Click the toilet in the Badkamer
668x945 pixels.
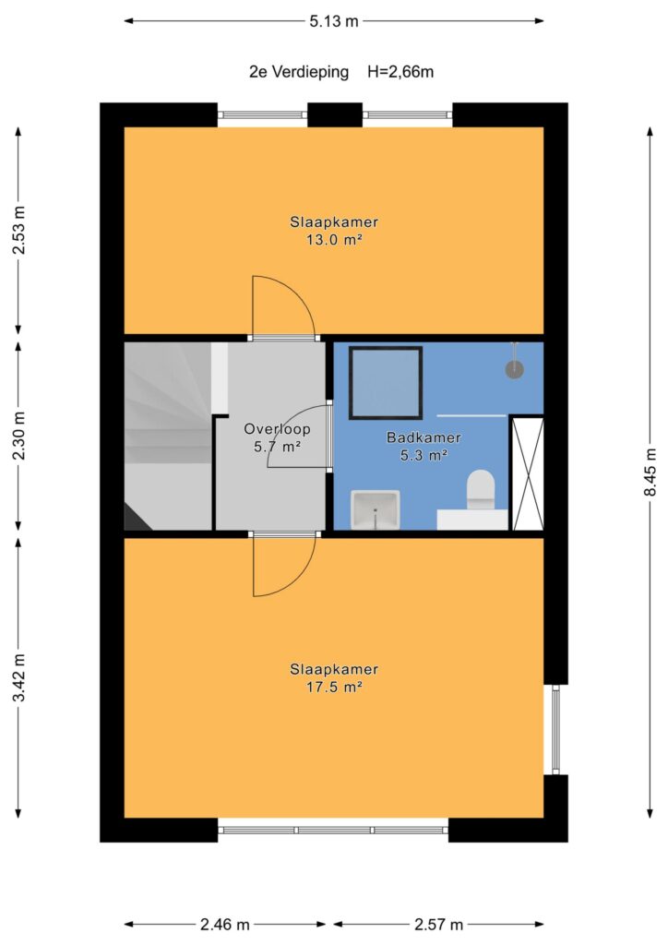pos(481,489)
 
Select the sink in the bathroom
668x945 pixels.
pos(376,509)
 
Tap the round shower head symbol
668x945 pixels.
pos(514,369)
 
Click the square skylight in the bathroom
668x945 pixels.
pos(386,382)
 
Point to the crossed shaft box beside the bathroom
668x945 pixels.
pos(527,473)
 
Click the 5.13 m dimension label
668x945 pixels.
pos(334,22)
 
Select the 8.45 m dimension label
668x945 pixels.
pos(650,472)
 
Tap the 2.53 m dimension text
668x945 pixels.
pos(19,230)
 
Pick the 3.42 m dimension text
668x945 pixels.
pos(19,676)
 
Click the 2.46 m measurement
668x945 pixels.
pos(225,924)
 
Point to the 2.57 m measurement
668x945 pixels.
pos(438,924)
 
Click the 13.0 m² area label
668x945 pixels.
pos(334,240)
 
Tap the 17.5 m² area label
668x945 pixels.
pos(334,687)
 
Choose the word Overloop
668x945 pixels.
pos(277,429)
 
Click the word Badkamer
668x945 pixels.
pos(423,437)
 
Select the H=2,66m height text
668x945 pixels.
pos(400,72)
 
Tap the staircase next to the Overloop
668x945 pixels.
pos(167,437)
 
